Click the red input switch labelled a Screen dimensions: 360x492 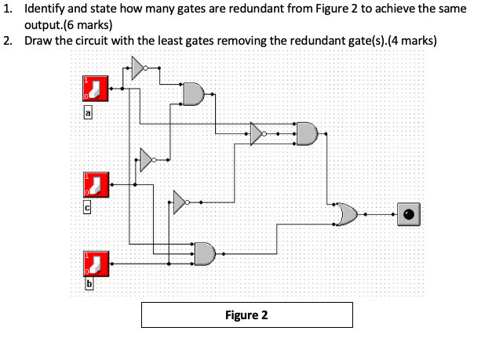tap(95, 88)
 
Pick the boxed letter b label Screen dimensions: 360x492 tap(88, 284)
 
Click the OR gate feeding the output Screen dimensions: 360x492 tap(347, 213)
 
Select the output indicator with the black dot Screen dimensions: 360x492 tap(408, 213)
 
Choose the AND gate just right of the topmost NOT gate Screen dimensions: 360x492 tap(193, 93)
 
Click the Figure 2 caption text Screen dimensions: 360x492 tap(246, 315)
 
